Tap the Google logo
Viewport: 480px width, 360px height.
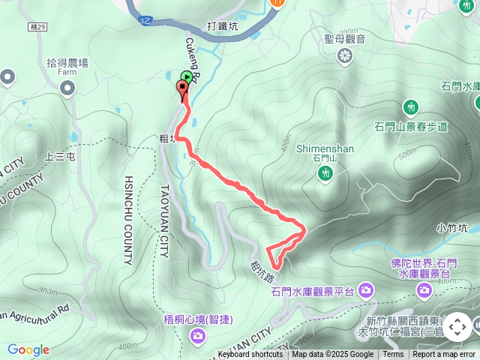tap(28, 349)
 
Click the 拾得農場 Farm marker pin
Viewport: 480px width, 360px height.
tap(67, 89)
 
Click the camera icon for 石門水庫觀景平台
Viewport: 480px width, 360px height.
tap(365, 289)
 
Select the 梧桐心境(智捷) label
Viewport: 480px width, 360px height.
tap(198, 319)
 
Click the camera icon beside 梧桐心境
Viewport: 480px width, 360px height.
tap(198, 335)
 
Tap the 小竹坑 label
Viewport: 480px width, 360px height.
tap(452, 226)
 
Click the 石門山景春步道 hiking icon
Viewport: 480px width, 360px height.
tap(410, 106)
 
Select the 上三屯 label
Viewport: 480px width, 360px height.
tap(60, 157)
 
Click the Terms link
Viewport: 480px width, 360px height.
tap(393, 355)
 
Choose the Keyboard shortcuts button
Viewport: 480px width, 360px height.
tap(250, 355)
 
